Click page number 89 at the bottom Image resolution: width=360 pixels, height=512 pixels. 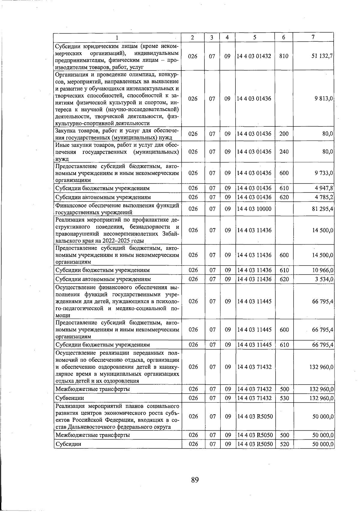tap(195, 480)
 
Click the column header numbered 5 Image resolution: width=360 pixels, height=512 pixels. tap(254, 37)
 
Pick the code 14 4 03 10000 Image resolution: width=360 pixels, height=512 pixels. tap(254, 209)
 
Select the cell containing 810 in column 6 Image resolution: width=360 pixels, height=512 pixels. tap(283, 56)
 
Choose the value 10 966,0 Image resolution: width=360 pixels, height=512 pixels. tap(323, 270)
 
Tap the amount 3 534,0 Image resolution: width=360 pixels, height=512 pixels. tap(324, 279)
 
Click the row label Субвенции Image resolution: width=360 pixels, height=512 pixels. tap(70, 398)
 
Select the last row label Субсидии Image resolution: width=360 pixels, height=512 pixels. tap(68, 444)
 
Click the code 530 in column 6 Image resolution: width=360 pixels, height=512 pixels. tap(284, 398)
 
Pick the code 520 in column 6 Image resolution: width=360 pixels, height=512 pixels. tap(284, 444)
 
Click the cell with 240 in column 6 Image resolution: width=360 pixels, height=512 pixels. tap(284, 152)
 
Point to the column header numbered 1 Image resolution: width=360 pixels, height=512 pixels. tap(117, 37)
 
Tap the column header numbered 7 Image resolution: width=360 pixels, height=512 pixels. tap(313, 37)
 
